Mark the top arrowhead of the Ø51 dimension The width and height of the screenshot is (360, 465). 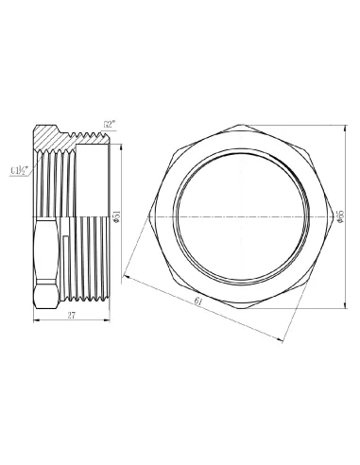(120, 140)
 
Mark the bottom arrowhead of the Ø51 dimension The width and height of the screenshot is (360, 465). (120, 295)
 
